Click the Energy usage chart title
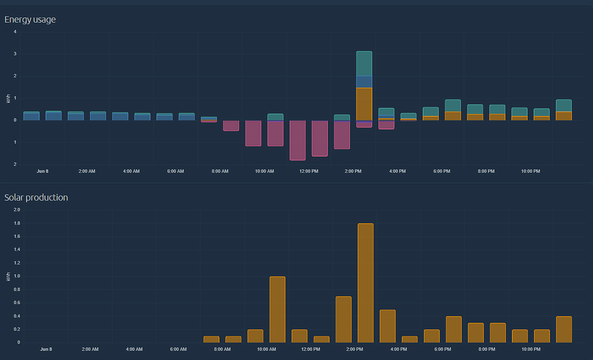click(x=30, y=20)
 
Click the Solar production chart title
click(x=36, y=198)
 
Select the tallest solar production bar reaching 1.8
click(x=365, y=283)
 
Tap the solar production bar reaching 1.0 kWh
click(x=277, y=310)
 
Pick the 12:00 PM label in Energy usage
click(x=309, y=171)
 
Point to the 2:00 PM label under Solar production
click(x=354, y=350)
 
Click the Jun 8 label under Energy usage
click(x=43, y=171)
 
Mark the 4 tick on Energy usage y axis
click(x=15, y=32)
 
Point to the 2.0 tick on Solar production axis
click(x=16, y=210)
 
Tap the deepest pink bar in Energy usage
click(x=298, y=140)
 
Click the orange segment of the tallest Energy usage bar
click(x=364, y=104)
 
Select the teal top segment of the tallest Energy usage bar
click(x=364, y=64)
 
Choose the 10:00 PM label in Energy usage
click(x=530, y=171)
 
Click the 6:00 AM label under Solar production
click(x=178, y=350)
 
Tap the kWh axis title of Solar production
click(x=8, y=277)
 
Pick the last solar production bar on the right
click(x=563, y=329)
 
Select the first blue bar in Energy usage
click(x=31, y=116)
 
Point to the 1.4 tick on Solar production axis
click(x=16, y=250)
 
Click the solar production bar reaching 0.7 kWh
click(x=343, y=319)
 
